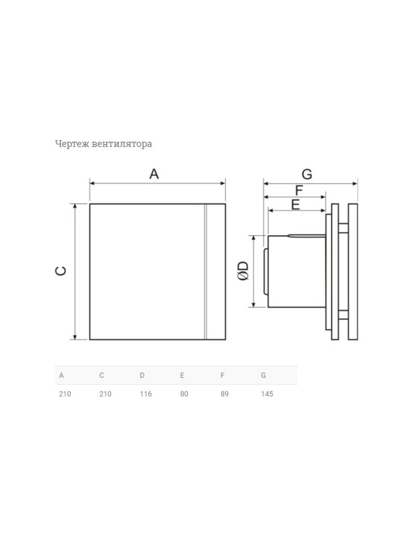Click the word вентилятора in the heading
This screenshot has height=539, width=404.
pyautogui.click(x=122, y=144)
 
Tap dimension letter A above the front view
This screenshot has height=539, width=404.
pyautogui.click(x=154, y=174)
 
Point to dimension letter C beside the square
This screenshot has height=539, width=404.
pyautogui.click(x=61, y=271)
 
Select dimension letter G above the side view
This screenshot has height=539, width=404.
pyautogui.click(x=307, y=175)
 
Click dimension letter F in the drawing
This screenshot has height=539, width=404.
pyautogui.click(x=299, y=190)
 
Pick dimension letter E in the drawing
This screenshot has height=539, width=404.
pyautogui.click(x=296, y=205)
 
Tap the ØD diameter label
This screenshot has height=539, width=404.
pyautogui.click(x=243, y=271)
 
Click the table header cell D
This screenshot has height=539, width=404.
pyautogui.click(x=142, y=375)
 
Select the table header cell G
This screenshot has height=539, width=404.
pyautogui.click(x=263, y=375)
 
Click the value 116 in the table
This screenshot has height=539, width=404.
pyautogui.click(x=145, y=394)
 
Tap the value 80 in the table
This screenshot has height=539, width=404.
pyautogui.click(x=184, y=394)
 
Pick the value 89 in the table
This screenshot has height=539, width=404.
pyautogui.click(x=224, y=394)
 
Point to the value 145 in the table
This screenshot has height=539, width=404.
pyautogui.click(x=267, y=394)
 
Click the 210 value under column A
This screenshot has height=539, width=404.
pyautogui.click(x=65, y=394)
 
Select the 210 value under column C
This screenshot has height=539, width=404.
pyautogui.click(x=106, y=394)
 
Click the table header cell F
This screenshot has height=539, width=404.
pyautogui.click(x=222, y=375)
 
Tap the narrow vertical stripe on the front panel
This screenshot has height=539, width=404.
pyautogui.click(x=205, y=272)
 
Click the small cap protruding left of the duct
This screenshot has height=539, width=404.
pyautogui.click(x=265, y=272)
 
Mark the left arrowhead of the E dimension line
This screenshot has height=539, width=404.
pyautogui.click(x=270, y=210)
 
